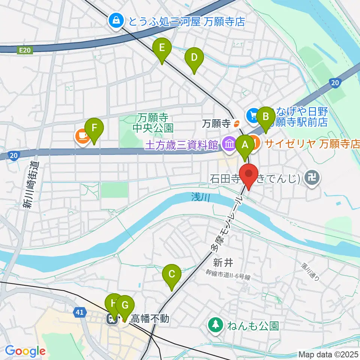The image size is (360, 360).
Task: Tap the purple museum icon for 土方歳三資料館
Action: pyautogui.click(x=228, y=143)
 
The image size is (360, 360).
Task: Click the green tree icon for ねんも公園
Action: pyautogui.click(x=216, y=325)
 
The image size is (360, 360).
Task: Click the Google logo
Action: pyautogui.click(x=25, y=351)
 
